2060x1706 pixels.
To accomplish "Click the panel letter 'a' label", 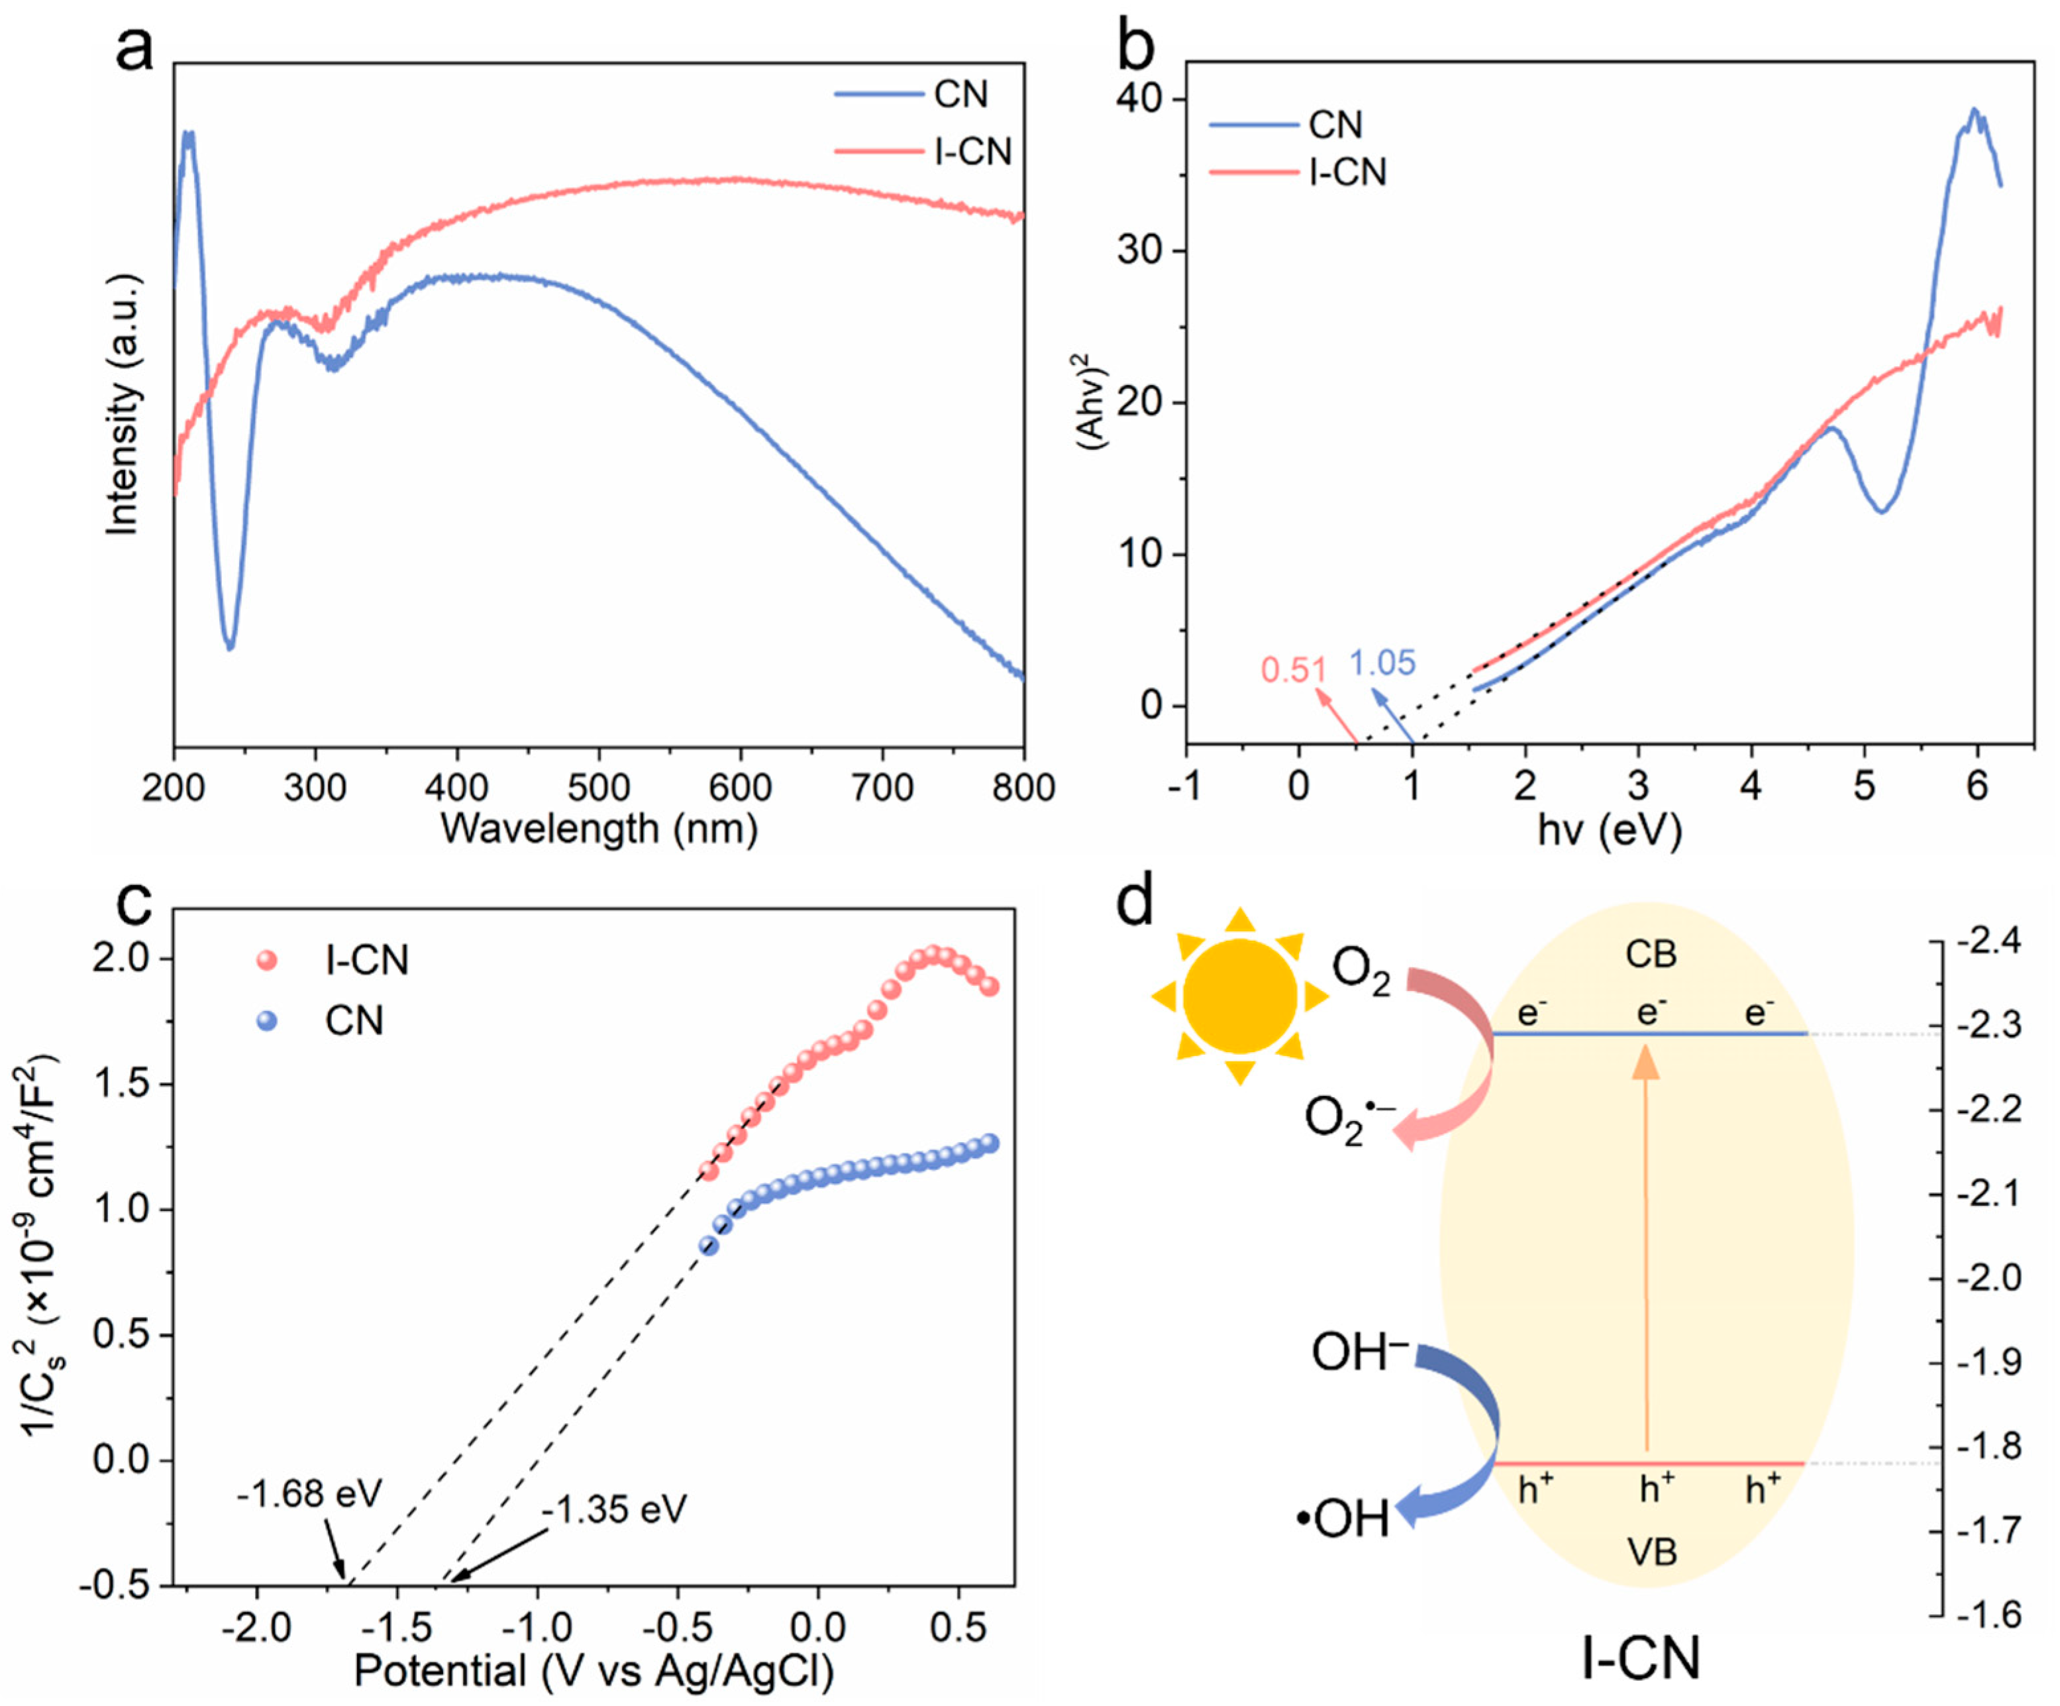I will (134, 49).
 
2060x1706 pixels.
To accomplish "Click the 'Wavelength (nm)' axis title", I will (598, 829).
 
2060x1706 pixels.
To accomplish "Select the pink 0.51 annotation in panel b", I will (1293, 670).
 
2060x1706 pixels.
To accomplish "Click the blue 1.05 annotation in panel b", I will (1382, 663).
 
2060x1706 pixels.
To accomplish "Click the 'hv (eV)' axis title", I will (1609, 830).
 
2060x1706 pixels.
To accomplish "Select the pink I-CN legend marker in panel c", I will (266, 959).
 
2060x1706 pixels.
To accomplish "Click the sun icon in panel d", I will (1240, 996).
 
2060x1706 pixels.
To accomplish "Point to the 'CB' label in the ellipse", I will (1651, 953).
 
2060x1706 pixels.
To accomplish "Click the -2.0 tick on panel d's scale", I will (1987, 1278).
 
